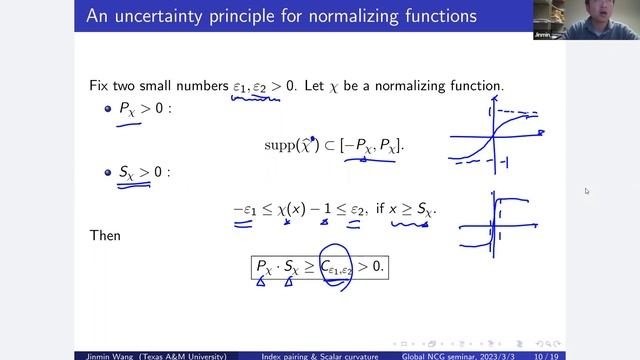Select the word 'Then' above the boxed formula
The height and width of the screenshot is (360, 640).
[x=102, y=236]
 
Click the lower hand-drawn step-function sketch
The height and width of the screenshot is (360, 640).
[x=500, y=220]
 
